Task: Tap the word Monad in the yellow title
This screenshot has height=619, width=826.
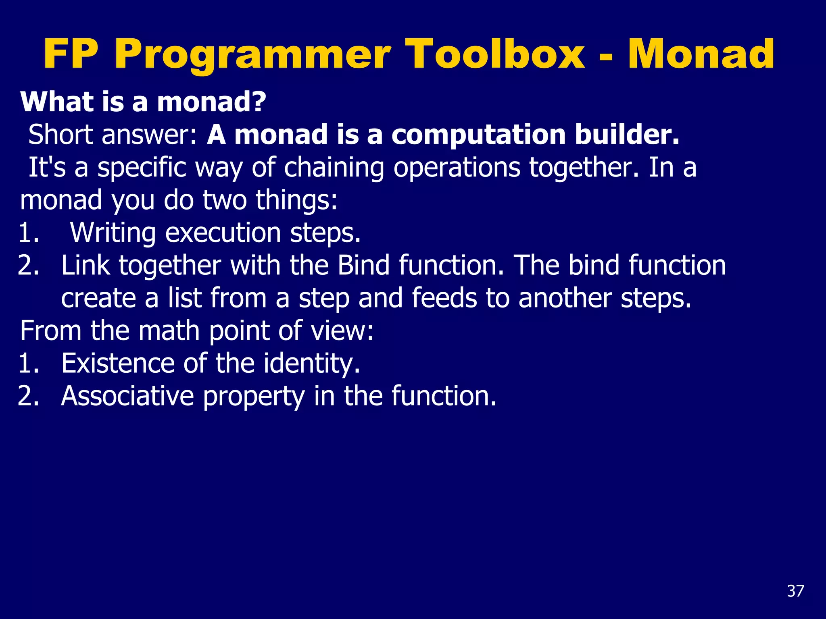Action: click(701, 54)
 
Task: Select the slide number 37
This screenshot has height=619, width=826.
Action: click(795, 591)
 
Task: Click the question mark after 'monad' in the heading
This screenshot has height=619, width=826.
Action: click(258, 102)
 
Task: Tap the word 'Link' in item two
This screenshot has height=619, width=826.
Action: click(86, 266)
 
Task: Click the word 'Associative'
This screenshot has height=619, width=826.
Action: click(127, 396)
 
